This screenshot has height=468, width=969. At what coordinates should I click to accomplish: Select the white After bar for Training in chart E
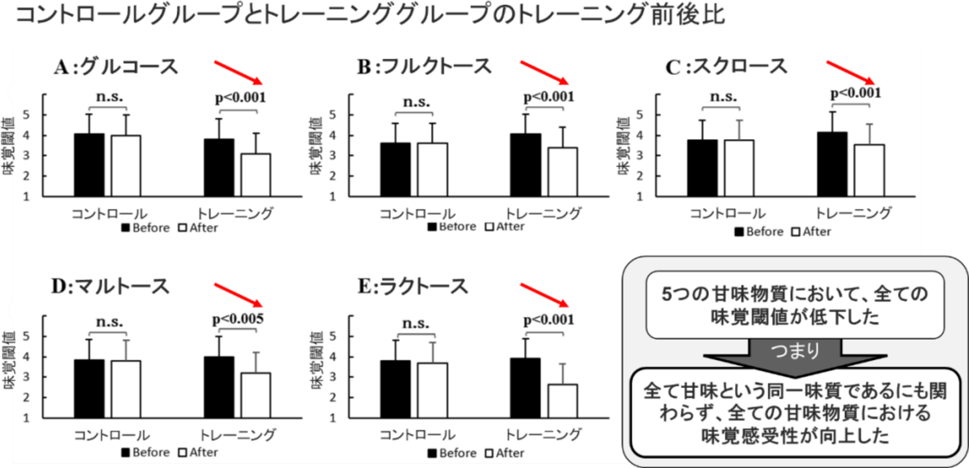[x=563, y=400]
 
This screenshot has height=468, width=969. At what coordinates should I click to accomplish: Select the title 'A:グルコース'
[x=116, y=67]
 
